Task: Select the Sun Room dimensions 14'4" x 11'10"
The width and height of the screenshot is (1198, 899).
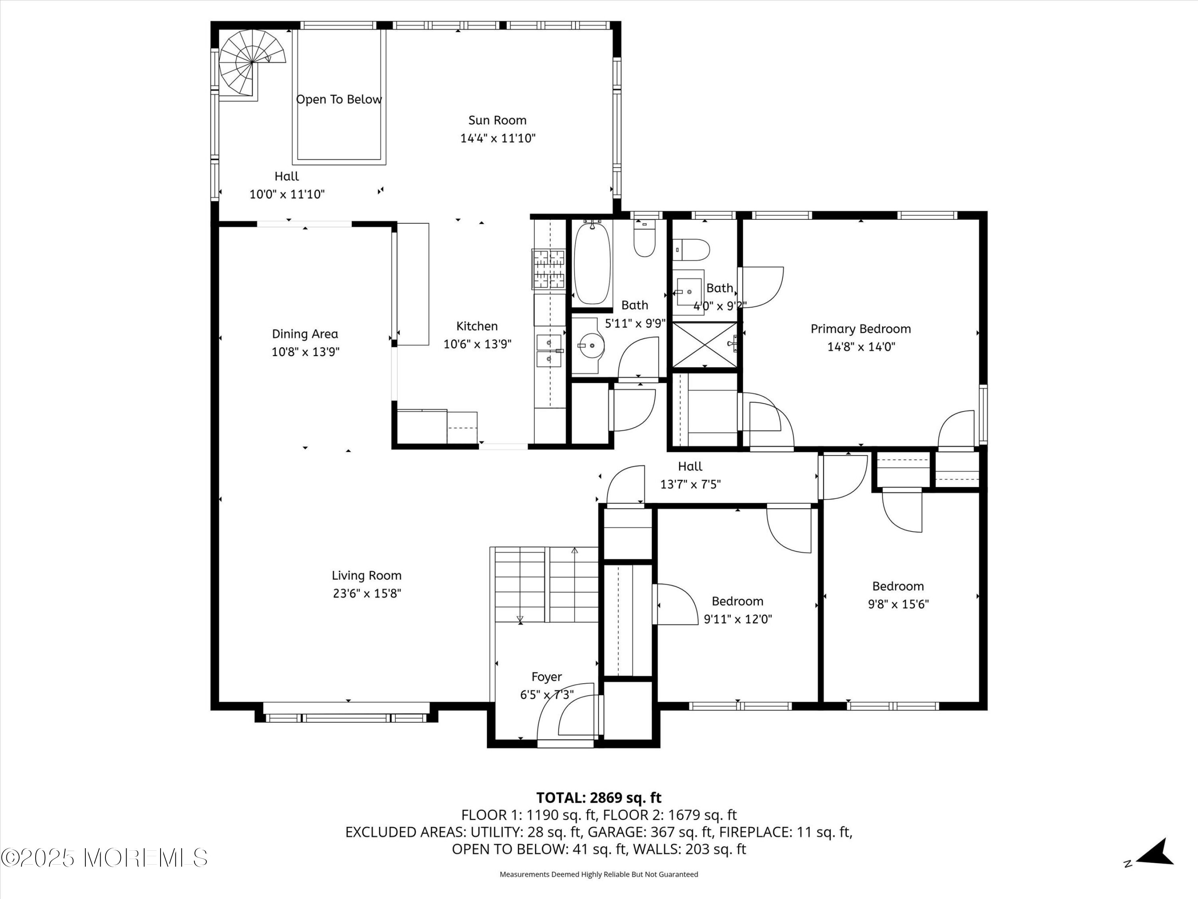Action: (x=498, y=138)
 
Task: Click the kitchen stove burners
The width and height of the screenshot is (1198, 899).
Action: (x=548, y=269)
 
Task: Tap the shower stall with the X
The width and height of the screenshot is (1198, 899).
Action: (x=704, y=345)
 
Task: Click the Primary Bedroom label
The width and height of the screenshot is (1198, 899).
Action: (x=861, y=329)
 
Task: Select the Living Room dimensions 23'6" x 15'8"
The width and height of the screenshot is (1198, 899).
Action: (x=367, y=593)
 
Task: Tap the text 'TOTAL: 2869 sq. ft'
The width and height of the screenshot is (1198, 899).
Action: (x=599, y=798)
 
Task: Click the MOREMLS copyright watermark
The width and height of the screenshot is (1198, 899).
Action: (x=104, y=858)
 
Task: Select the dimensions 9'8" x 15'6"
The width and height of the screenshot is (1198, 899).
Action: (x=898, y=604)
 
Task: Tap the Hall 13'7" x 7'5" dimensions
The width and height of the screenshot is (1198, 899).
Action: (x=690, y=484)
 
